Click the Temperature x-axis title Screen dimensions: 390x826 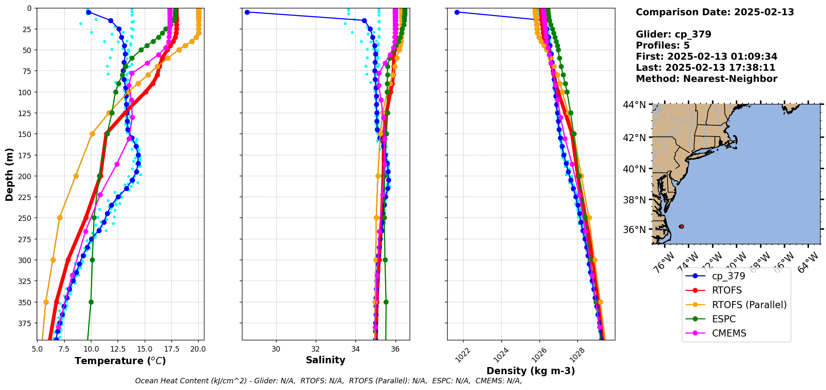120,361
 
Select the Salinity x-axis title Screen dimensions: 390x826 325,360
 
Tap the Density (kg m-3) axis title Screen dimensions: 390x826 531,371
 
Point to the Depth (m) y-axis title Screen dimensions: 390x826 9,174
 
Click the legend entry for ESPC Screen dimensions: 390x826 724,319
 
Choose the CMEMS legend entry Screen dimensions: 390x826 729,333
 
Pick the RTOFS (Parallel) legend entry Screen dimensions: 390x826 749,305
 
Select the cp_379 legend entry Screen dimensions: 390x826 728,276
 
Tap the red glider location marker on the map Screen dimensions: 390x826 681,226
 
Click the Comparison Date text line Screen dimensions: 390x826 715,12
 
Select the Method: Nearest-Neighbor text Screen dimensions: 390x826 706,79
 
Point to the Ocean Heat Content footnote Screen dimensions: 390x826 328,381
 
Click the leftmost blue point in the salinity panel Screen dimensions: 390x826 247,12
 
